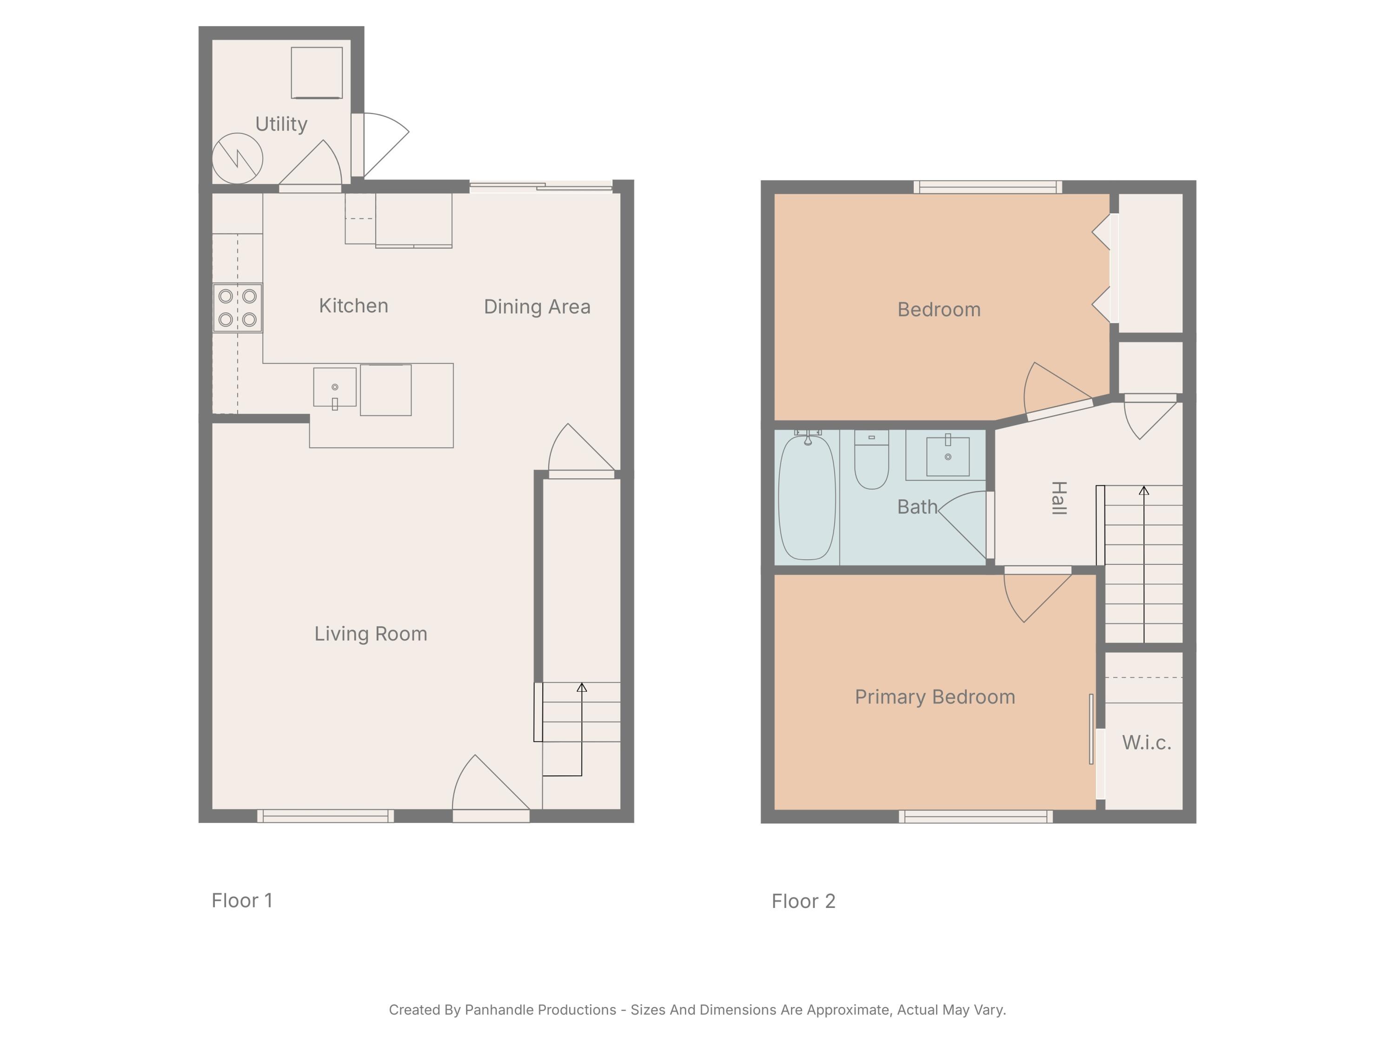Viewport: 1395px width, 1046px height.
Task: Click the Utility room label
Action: (x=281, y=124)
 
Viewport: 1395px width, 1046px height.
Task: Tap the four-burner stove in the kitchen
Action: (x=238, y=308)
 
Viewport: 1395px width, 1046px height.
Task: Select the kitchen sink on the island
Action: (x=335, y=388)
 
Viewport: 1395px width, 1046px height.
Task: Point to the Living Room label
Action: (x=371, y=634)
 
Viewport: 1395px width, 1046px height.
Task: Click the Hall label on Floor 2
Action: (x=1059, y=497)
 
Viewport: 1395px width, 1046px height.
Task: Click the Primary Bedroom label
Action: (x=935, y=697)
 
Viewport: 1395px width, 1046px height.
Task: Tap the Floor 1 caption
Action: (x=242, y=900)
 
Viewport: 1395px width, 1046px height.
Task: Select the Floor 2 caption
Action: (x=804, y=901)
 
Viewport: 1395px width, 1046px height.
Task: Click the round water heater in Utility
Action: (x=237, y=158)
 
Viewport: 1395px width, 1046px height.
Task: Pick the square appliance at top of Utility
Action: (x=317, y=73)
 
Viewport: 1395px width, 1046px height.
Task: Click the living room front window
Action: (x=325, y=816)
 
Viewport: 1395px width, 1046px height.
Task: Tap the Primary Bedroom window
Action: (x=976, y=816)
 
